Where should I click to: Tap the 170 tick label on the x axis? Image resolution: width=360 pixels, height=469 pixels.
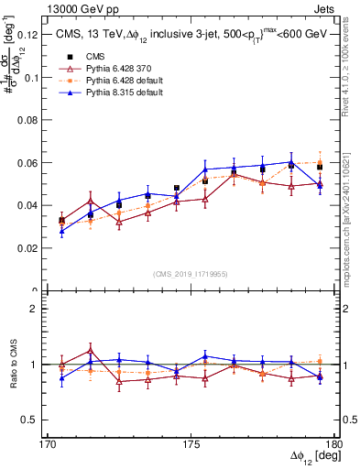(x=48, y=443)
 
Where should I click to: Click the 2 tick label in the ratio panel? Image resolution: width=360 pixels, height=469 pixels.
(x=40, y=309)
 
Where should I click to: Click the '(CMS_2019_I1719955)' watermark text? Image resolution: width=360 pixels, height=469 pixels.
(x=191, y=274)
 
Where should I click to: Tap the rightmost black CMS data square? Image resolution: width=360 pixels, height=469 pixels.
(x=320, y=167)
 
